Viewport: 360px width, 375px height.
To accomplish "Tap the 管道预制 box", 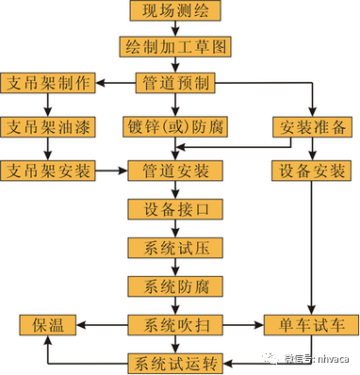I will [176, 82].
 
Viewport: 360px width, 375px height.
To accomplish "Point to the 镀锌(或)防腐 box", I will [176, 126].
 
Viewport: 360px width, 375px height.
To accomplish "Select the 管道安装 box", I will [176, 171].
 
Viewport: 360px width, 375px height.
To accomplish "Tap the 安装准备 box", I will [313, 126].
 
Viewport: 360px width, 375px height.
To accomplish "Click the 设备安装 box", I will [313, 171].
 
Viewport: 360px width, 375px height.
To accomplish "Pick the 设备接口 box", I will [176, 209].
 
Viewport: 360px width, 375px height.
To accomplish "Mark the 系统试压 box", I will [176, 247].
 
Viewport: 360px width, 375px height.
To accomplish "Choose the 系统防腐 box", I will [176, 285].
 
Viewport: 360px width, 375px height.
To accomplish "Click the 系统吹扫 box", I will [176, 324].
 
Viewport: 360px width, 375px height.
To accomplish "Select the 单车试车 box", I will [311, 324].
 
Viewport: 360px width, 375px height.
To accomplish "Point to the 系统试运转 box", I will [176, 362].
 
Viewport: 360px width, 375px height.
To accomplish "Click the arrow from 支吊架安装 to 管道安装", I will [111, 171].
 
